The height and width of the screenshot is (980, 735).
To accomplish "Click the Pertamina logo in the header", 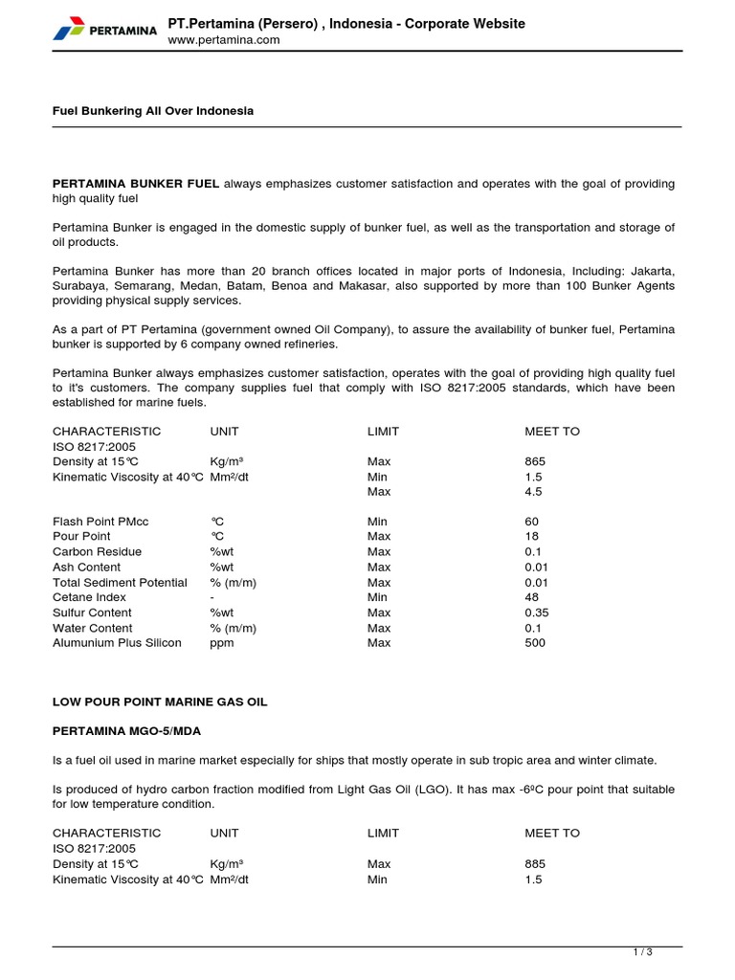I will click(105, 31).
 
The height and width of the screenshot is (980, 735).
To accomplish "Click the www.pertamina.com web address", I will click(224, 40).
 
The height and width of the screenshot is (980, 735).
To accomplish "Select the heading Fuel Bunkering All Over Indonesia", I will click(153, 111).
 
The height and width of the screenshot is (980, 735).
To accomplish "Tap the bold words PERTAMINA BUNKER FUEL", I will click(136, 184).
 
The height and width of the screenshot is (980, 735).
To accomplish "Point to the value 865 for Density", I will click(535, 461).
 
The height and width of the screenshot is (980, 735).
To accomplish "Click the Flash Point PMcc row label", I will click(100, 522).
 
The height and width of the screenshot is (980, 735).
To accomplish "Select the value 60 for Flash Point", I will click(532, 522).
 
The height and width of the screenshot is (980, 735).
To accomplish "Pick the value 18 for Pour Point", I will click(532, 537).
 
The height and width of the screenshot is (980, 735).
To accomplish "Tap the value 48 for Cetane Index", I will click(532, 597).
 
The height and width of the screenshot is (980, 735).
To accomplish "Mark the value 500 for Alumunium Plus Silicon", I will click(535, 643).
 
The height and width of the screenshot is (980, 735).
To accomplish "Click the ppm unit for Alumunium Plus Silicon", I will click(221, 643).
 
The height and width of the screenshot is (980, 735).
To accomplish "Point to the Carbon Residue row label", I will click(97, 552).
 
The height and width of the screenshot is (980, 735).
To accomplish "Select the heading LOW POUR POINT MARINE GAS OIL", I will click(160, 702).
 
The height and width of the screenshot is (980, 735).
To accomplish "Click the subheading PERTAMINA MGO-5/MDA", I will click(127, 731).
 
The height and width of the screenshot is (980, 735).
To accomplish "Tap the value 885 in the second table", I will click(535, 863).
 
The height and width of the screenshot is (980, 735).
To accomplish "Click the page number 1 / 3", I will click(642, 952).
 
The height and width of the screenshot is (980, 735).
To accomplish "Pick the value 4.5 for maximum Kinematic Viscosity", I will click(533, 492).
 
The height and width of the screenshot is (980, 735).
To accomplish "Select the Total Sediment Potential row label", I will click(120, 583).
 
